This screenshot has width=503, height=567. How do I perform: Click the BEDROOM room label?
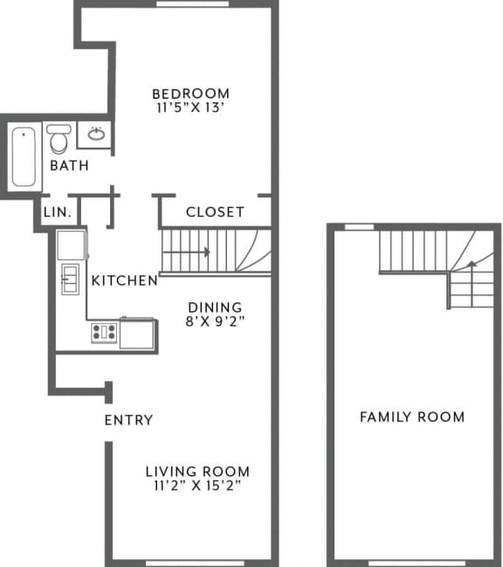click(190, 93)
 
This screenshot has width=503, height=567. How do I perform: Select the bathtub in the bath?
click(24, 156)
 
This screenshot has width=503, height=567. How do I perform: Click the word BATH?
click(68, 166)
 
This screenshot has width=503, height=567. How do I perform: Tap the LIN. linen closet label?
click(57, 212)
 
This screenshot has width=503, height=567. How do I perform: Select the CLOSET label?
click(215, 212)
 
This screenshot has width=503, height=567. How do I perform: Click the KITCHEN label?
click(125, 280)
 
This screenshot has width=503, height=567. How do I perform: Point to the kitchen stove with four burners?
click(104, 332)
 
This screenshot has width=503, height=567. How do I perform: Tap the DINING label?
click(215, 308)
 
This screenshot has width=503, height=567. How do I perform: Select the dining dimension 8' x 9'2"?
click(215, 322)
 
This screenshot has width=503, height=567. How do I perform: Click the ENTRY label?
click(128, 420)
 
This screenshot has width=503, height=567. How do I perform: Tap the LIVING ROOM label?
click(197, 472)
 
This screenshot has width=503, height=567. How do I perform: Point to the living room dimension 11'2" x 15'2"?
click(197, 487)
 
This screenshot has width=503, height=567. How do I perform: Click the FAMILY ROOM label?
click(412, 417)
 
